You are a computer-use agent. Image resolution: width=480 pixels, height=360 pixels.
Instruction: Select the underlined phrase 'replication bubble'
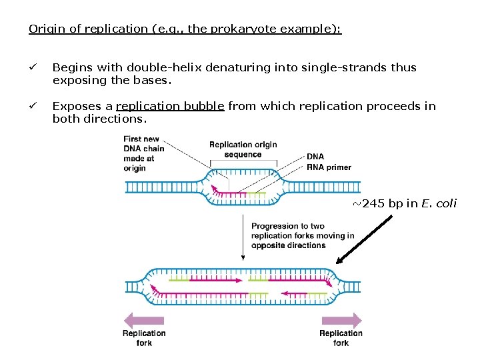[x=170, y=106]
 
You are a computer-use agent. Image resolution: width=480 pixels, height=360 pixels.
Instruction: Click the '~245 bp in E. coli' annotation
[x=404, y=203]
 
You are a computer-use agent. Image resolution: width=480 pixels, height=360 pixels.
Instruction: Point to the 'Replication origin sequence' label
[x=243, y=149]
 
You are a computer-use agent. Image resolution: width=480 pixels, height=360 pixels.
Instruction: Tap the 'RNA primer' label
[x=329, y=167]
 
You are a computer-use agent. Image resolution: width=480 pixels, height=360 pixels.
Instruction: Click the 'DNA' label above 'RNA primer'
[x=315, y=157]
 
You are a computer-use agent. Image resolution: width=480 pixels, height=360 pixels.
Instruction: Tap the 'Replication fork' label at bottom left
[x=144, y=338]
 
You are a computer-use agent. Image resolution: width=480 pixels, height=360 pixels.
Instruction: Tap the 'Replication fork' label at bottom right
[x=341, y=338]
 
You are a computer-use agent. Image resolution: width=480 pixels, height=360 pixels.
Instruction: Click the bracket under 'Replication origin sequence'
[x=243, y=161]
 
